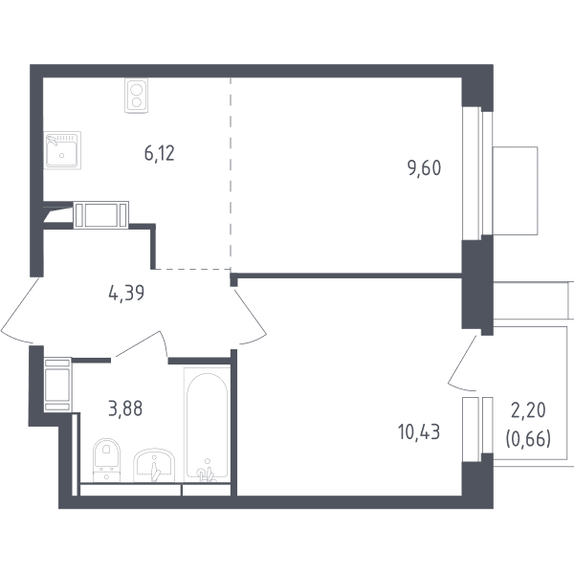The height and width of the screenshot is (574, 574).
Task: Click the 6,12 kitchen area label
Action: click(x=159, y=153)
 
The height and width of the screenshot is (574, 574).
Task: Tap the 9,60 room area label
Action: click(x=424, y=168)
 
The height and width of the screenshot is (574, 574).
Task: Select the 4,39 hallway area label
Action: click(x=126, y=294)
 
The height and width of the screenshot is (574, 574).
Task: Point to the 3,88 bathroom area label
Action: click(x=125, y=408)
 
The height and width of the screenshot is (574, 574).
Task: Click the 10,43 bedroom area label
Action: click(x=419, y=431)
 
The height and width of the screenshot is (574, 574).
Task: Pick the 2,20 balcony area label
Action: click(x=528, y=410)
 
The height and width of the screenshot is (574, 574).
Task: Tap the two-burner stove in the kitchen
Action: click(x=136, y=95)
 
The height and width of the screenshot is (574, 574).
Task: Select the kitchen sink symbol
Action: click(x=62, y=150)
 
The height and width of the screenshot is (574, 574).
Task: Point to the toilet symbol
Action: click(x=106, y=460)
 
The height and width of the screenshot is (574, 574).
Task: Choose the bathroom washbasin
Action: click(x=154, y=465)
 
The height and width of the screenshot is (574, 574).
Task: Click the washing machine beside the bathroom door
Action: click(x=57, y=385)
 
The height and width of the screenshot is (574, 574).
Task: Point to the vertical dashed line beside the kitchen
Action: click(x=231, y=173)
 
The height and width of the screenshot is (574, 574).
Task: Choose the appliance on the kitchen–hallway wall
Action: click(x=101, y=215)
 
